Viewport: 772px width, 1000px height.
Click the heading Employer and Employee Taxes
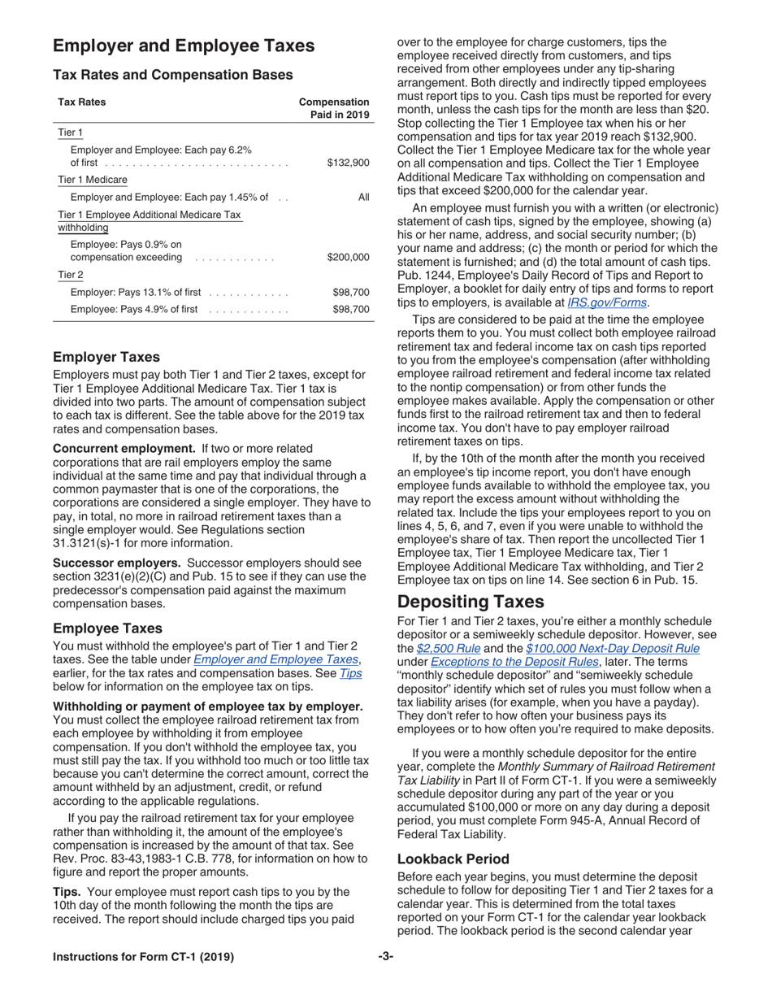click(184, 46)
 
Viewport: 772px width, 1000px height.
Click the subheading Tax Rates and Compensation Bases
click(172, 75)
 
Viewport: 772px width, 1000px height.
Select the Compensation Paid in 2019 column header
click(334, 108)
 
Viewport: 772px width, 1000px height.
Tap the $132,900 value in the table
click(348, 163)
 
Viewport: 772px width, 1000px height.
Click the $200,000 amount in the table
click(348, 257)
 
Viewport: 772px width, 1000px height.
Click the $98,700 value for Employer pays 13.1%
click(351, 292)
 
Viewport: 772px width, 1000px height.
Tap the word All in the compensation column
click(363, 197)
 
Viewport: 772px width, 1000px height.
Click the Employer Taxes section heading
click(106, 357)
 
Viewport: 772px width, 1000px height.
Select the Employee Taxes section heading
click(107, 628)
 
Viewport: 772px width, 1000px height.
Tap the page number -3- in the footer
click(386, 957)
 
